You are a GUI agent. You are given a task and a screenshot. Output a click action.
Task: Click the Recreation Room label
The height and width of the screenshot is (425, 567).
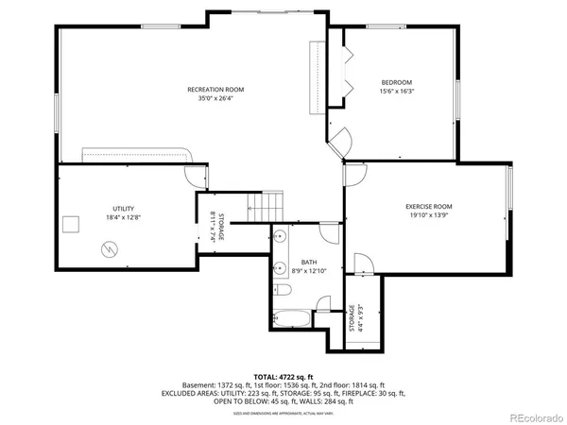(215, 89)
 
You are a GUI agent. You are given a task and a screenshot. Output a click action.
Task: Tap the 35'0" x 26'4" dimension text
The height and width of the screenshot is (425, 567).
(215, 98)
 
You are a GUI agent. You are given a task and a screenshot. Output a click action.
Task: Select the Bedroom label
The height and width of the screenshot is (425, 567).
(396, 81)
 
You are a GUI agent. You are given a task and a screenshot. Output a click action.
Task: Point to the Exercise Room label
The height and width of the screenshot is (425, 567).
(429, 206)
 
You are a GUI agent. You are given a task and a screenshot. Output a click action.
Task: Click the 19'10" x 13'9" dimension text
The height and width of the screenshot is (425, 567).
(429, 215)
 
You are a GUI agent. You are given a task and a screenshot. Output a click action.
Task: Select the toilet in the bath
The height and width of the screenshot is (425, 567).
(322, 304)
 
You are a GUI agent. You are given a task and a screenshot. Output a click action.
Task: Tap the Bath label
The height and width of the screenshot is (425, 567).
(309, 262)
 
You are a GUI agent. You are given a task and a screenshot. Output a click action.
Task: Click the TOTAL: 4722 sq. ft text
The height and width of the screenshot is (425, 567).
(283, 376)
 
